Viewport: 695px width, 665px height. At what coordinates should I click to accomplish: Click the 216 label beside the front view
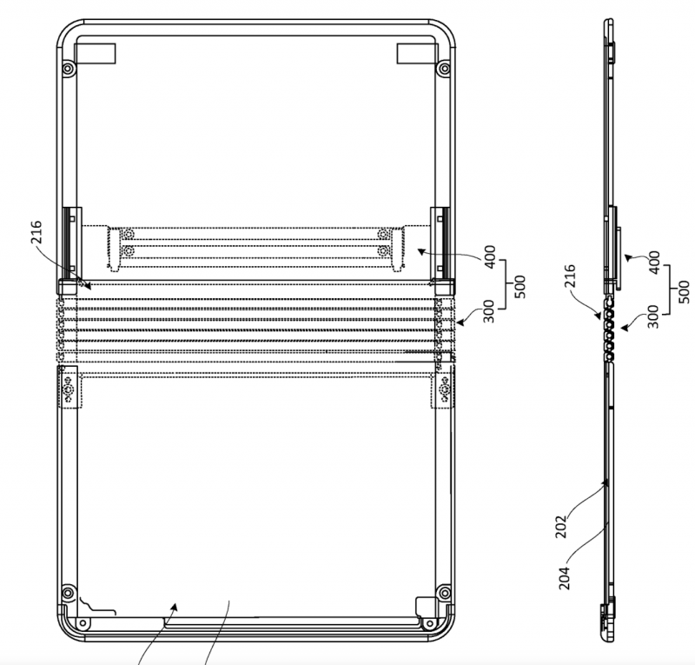[36, 232]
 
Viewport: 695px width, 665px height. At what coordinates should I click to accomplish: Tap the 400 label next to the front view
[490, 257]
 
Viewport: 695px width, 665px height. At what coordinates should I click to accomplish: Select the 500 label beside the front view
[520, 287]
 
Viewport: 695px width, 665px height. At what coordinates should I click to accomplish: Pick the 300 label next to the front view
[488, 311]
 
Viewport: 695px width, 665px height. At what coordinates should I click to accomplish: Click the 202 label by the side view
[560, 526]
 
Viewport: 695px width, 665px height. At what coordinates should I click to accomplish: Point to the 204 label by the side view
[563, 578]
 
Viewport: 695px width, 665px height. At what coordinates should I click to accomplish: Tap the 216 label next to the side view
[570, 276]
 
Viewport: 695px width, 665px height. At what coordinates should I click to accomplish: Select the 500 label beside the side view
[685, 291]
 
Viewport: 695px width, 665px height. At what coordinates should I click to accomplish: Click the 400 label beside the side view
[654, 263]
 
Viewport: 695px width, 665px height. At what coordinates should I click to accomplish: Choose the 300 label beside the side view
[653, 316]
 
